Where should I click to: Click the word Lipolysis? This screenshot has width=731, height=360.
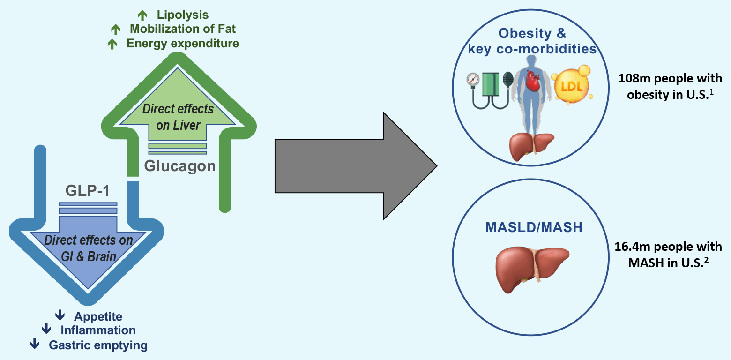183,15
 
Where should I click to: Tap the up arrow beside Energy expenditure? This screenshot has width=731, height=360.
112,44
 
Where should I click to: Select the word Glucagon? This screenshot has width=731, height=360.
180,166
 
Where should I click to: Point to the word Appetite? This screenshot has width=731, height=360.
98,316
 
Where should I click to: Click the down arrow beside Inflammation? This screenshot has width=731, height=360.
46,330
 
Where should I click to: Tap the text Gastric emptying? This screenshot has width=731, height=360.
98,345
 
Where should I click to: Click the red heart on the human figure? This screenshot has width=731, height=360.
533,80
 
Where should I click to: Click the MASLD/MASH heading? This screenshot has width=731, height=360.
534,228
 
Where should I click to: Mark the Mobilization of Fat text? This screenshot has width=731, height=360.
183,29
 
